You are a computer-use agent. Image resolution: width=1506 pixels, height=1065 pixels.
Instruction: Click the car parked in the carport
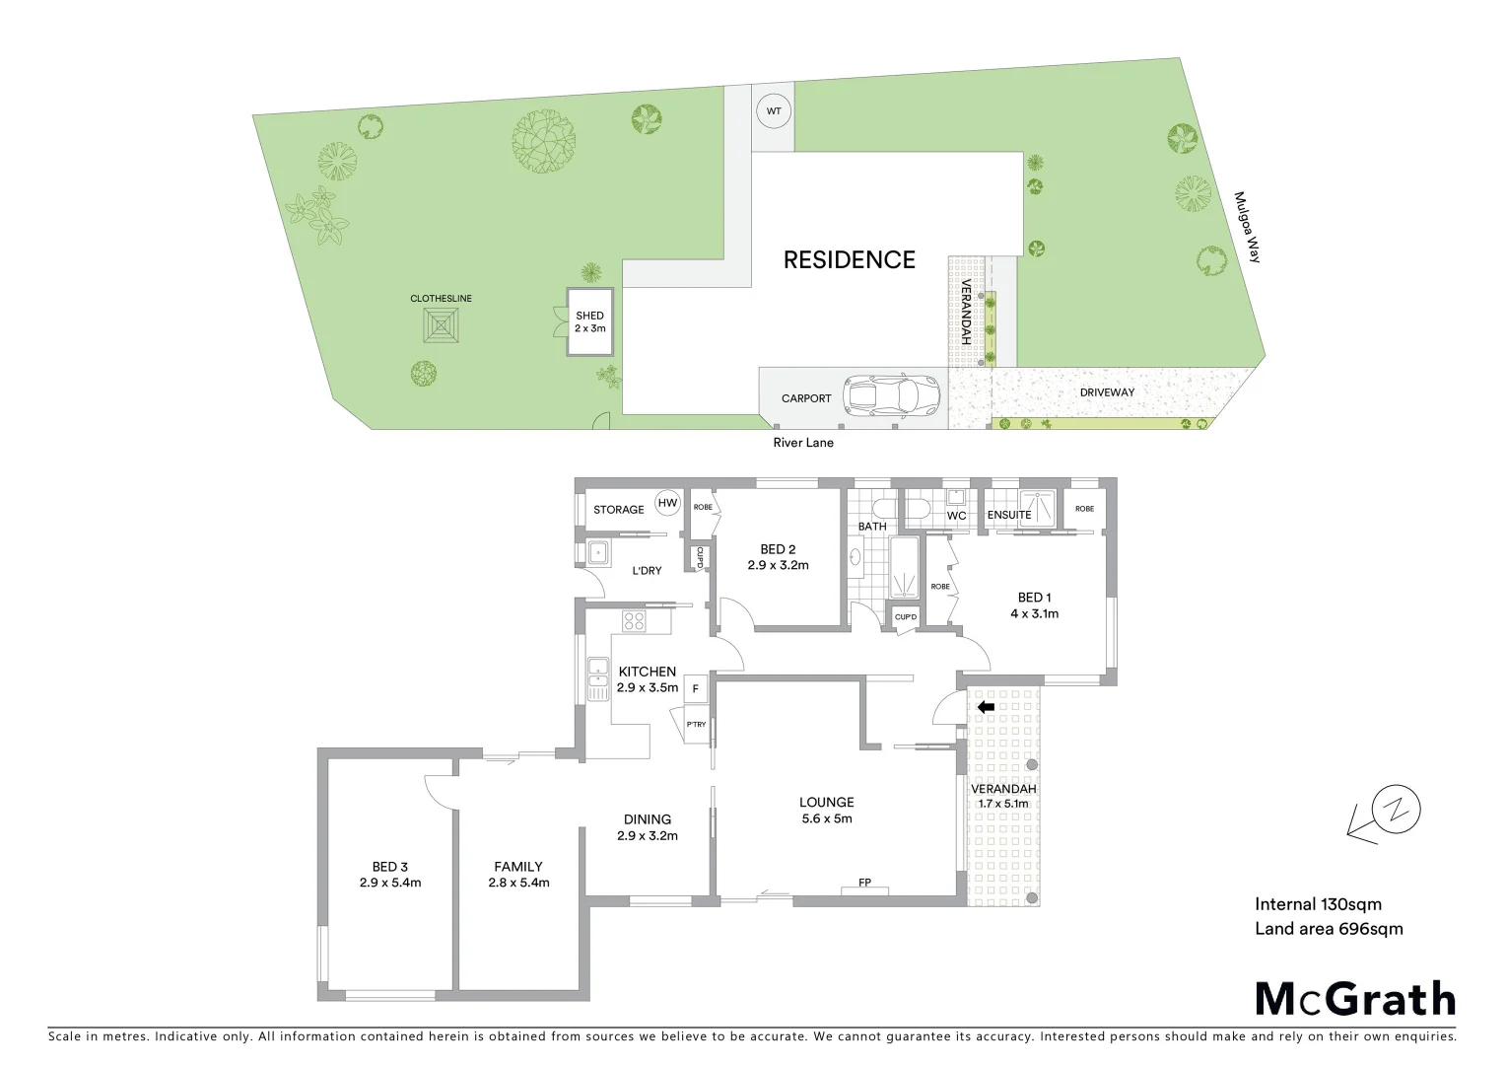tap(893, 396)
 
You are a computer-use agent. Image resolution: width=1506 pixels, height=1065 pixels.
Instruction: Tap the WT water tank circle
tap(774, 111)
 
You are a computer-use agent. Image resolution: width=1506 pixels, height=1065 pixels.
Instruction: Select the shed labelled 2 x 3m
tap(589, 322)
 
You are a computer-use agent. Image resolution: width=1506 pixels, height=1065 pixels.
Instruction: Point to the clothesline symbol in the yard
tap(441, 324)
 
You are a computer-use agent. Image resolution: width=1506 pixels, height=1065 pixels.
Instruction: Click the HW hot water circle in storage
tap(668, 503)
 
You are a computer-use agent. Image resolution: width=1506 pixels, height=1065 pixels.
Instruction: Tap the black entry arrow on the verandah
tap(985, 707)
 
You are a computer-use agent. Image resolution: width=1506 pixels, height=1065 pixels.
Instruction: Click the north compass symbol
tap(1388, 813)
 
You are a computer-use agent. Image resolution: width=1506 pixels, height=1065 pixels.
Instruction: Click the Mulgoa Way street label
tap(1248, 227)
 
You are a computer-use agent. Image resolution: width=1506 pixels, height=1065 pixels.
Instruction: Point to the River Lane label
tap(803, 443)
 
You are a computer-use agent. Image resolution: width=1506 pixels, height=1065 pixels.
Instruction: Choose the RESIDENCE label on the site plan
tap(849, 259)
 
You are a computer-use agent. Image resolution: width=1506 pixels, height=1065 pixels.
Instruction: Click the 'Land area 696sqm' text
tap(1329, 928)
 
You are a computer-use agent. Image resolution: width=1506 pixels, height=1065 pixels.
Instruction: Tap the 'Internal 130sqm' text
tap(1318, 903)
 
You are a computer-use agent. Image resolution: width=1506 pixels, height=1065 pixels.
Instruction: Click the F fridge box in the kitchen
tap(696, 688)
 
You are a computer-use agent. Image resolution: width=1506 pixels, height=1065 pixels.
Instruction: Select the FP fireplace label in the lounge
tap(864, 883)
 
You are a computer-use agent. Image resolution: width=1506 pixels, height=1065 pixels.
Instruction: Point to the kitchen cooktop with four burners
tap(634, 621)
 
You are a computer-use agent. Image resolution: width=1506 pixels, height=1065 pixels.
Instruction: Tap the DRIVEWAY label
tap(1107, 392)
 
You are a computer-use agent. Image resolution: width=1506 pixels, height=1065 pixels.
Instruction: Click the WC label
tap(956, 516)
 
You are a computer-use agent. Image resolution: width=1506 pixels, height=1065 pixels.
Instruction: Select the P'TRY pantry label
tap(696, 725)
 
